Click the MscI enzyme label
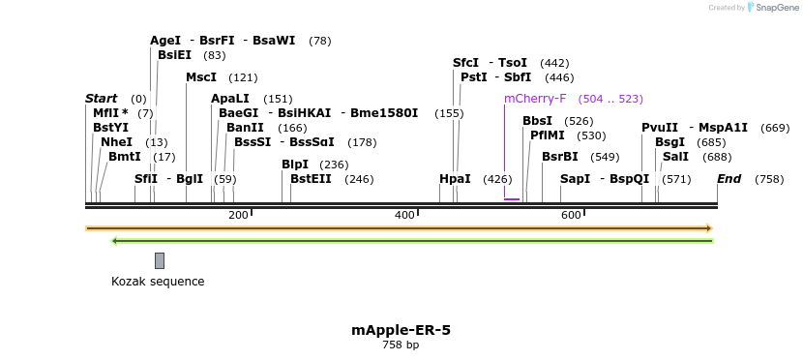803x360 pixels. (201, 77)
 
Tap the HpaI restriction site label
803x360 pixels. (455, 179)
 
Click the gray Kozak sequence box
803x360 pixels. (160, 260)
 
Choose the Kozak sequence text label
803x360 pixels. (158, 282)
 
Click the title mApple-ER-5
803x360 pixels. (401, 330)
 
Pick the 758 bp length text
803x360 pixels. (401, 345)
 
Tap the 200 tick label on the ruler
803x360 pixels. (238, 215)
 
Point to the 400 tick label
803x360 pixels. (404, 215)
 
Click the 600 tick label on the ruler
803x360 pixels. (571, 215)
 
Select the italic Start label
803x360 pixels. (101, 99)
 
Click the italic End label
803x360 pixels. (729, 179)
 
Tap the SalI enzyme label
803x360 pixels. (675, 157)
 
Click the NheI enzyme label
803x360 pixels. (116, 142)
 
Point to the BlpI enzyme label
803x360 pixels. (294, 165)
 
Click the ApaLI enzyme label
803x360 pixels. (230, 99)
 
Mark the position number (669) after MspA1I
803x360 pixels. (775, 128)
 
